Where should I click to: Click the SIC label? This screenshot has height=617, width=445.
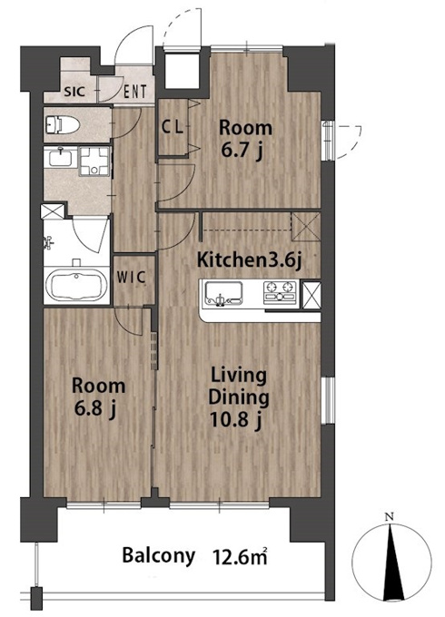point(74,92)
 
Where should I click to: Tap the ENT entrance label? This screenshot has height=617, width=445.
point(135,92)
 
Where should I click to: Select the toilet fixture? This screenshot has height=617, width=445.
point(63,124)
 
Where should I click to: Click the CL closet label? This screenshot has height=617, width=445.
point(173,127)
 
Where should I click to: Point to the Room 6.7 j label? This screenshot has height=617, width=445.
point(245,140)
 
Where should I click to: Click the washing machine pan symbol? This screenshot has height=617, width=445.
point(94,161)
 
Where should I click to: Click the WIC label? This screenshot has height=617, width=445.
point(132,277)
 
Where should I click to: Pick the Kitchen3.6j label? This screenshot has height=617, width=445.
point(249,260)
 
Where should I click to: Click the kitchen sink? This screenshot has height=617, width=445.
point(222,294)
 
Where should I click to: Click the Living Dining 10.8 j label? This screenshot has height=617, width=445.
point(239,397)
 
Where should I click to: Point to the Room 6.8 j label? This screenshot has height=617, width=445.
point(98,397)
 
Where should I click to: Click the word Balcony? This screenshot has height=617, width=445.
point(158,556)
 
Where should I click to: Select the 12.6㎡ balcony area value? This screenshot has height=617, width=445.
point(241,557)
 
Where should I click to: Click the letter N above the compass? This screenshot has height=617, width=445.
point(390,517)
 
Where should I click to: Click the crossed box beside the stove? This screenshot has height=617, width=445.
point(312,295)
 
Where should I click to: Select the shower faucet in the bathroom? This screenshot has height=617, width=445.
point(48,243)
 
